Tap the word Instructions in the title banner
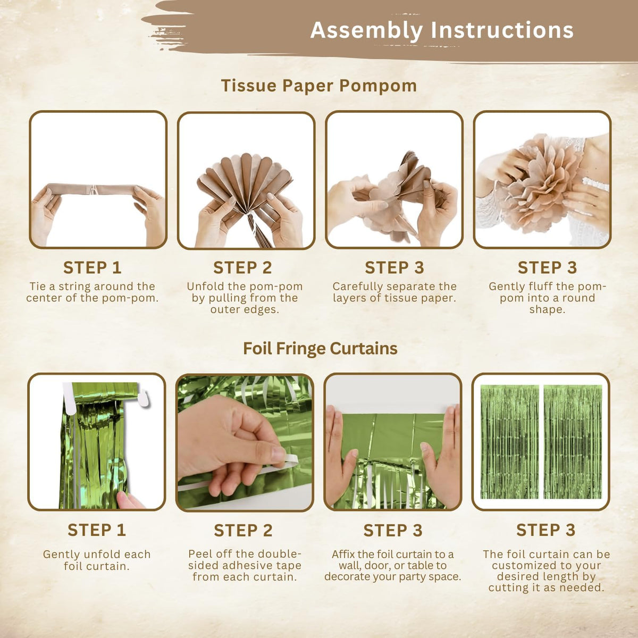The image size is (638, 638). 502,30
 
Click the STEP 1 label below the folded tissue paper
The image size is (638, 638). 93,267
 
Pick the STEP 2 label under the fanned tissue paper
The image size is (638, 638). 242,267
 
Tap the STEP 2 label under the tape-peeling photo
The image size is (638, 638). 244,530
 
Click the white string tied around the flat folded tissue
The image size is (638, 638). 94,189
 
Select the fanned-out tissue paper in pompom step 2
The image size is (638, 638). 245,184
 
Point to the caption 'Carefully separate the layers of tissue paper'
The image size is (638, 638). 394,292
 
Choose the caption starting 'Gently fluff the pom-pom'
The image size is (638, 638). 547,298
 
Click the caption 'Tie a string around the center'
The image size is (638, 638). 93,292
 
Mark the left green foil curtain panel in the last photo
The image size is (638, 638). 509,442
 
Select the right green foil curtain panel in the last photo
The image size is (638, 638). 573,442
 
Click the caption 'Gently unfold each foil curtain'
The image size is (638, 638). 97,560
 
